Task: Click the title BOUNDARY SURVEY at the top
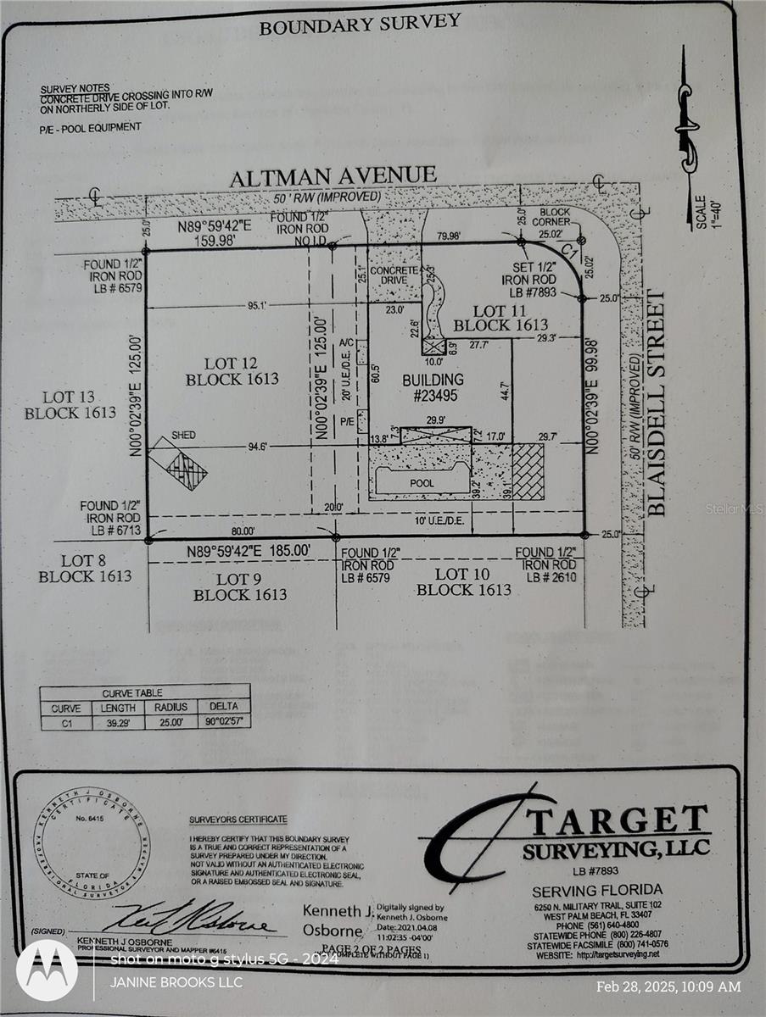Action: pyautogui.click(x=360, y=25)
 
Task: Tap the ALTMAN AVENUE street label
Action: pyautogui.click(x=333, y=175)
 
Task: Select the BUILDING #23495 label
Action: pyautogui.click(x=433, y=386)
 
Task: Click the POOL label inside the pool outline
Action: pyautogui.click(x=421, y=483)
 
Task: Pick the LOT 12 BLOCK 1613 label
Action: pyautogui.click(x=232, y=371)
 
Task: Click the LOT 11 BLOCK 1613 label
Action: pyautogui.click(x=500, y=318)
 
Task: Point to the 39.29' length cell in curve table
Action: pyautogui.click(x=118, y=722)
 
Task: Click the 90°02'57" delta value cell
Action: pyautogui.click(x=223, y=722)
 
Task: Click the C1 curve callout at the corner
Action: pyautogui.click(x=570, y=253)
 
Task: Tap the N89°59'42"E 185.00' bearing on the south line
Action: pyautogui.click(x=249, y=551)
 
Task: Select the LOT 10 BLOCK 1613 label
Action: pyautogui.click(x=463, y=581)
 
